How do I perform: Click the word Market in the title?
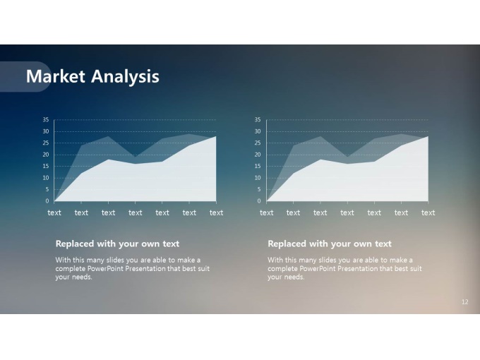tap(55, 76)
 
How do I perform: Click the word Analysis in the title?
tap(125, 77)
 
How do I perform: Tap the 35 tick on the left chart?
tap(46, 120)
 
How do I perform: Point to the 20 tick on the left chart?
tap(46, 155)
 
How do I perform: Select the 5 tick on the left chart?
tap(47, 189)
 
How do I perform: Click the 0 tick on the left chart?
tap(47, 201)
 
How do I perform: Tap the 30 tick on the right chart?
tap(258, 131)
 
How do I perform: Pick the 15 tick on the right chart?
tap(258, 166)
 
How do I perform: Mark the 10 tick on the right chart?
tap(258, 178)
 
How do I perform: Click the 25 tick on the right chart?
tap(258, 143)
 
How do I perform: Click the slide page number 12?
tap(464, 302)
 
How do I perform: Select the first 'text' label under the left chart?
tap(54, 212)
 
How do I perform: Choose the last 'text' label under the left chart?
tap(216, 212)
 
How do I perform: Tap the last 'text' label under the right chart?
tap(428, 212)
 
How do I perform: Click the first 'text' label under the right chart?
tap(266, 212)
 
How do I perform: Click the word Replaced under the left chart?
tap(75, 244)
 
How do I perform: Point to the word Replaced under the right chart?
tap(287, 244)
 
